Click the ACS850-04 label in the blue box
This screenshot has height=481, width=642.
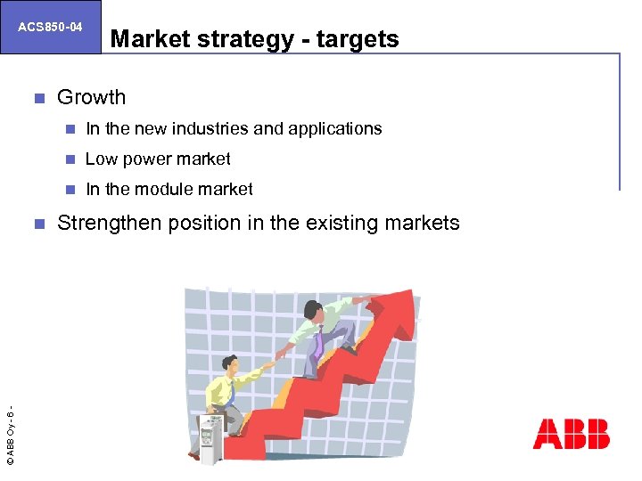tap(50, 27)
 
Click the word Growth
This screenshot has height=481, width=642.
tap(91, 97)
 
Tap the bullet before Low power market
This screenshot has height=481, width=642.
tap(70, 159)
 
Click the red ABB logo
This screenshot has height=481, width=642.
tap(571, 434)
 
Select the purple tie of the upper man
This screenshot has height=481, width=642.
tap(318, 342)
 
